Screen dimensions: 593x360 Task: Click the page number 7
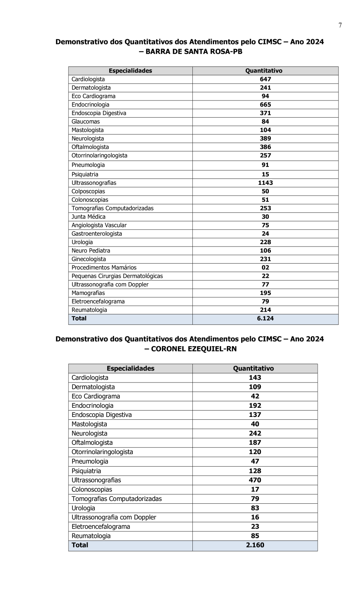pos(340,26)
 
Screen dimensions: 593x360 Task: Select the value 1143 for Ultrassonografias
pos(265,183)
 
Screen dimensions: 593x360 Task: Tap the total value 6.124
pos(265,319)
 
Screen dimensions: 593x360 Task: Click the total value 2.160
pos(255,545)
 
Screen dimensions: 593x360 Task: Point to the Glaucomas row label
pos(86,122)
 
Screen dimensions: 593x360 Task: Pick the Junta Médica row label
pos(88,217)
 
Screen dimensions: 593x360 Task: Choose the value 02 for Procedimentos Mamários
pos(265,268)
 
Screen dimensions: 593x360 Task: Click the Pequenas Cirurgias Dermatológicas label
pos(117,276)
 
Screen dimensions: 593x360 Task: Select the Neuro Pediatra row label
pos(91,251)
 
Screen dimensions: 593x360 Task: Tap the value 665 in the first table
pos(265,105)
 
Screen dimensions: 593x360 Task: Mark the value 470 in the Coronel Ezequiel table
pos(255,480)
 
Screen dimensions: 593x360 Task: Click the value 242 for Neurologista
pos(255,433)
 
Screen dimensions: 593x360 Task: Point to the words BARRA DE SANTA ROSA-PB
pos(194,52)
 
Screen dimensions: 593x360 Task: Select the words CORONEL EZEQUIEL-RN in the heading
pos(194,349)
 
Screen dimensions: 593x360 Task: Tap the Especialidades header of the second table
pos(130,369)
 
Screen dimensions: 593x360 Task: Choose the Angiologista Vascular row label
pos(99,225)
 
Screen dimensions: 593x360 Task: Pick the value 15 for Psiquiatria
pos(265,174)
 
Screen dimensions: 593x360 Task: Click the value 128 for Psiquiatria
pos(255,471)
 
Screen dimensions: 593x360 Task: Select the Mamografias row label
pos(88,293)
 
